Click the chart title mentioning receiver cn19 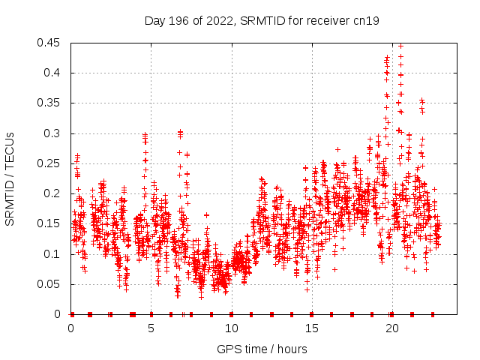pyautogui.click(x=262, y=21)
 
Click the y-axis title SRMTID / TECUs pyautogui.click(x=10, y=178)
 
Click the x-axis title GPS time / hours pyautogui.click(x=262, y=349)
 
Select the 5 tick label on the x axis pyautogui.click(x=151, y=328)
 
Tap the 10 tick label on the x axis pyautogui.click(x=231, y=328)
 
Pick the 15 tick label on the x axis pyautogui.click(x=311, y=328)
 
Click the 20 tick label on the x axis pyautogui.click(x=391, y=328)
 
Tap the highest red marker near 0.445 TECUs pyautogui.click(x=400, y=46)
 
